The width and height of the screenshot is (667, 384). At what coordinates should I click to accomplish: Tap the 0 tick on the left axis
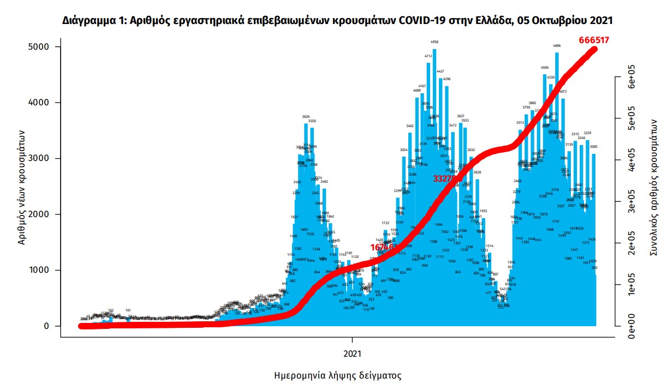(x=46, y=326)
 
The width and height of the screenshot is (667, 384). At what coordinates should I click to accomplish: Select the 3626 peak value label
(x=306, y=117)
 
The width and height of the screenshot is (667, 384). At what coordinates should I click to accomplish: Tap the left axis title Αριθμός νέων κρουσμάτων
(x=22, y=187)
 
